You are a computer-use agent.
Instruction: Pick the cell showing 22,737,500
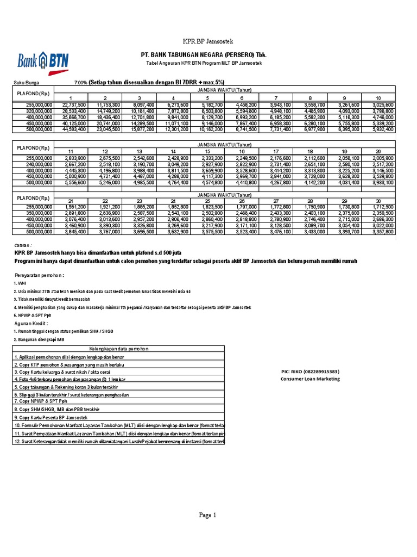pos(74,104)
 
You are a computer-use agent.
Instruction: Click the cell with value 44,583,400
pos(74,129)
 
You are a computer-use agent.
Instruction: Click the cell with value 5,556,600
pos(74,183)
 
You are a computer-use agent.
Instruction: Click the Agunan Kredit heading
pos(33,323)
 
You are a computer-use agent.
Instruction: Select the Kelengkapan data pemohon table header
pos(118,349)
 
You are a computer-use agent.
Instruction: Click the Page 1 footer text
pos(207,515)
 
